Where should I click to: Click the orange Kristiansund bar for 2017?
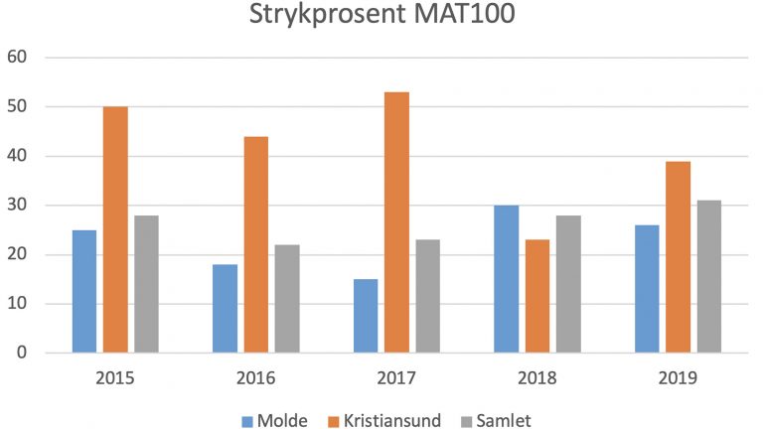click(396, 222)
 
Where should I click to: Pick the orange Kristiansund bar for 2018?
click(537, 296)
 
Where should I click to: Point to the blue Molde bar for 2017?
click(367, 316)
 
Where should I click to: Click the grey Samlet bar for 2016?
click(287, 299)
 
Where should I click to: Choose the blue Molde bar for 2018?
click(507, 279)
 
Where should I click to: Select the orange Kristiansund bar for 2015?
click(115, 229)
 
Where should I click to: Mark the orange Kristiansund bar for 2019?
click(678, 257)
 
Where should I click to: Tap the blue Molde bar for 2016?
click(226, 308)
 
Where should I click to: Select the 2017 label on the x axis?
click(397, 378)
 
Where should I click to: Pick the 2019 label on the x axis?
click(679, 378)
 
